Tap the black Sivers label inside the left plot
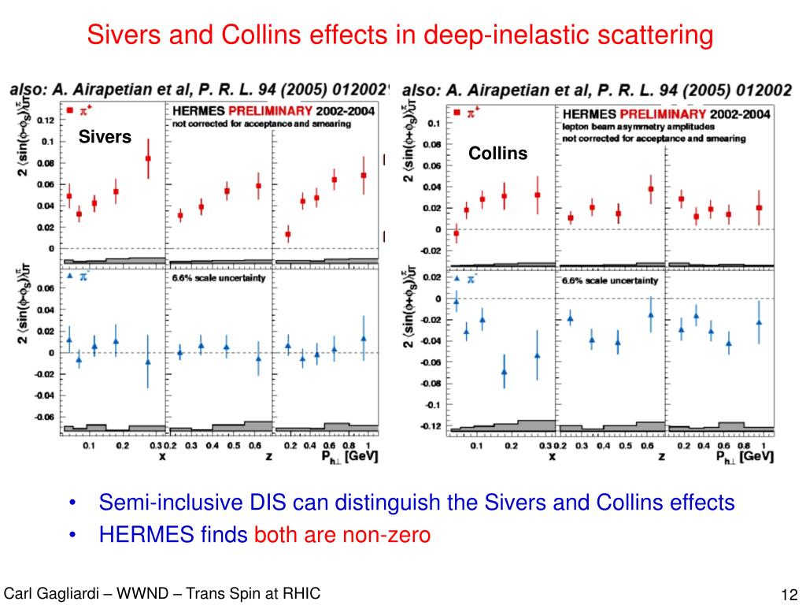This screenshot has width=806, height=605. (x=105, y=138)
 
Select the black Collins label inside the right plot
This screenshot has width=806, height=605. (x=497, y=154)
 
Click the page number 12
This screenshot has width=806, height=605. (x=789, y=594)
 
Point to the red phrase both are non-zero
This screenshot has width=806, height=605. (x=342, y=536)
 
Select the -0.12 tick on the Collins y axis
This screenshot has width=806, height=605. (x=430, y=427)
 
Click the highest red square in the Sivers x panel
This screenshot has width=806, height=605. (x=147, y=159)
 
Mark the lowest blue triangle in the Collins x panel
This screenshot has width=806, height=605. (x=504, y=372)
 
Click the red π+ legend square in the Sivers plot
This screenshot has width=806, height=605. (x=71, y=111)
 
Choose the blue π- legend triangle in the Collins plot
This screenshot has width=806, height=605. (x=457, y=278)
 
